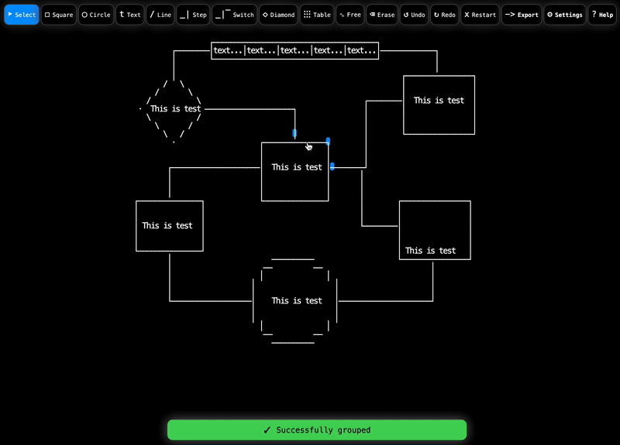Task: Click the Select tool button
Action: [22, 15]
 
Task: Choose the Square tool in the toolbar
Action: [59, 15]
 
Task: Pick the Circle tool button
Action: [96, 15]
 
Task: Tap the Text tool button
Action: [130, 15]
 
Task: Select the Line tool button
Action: [160, 15]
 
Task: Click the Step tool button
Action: [193, 15]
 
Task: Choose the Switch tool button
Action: [234, 15]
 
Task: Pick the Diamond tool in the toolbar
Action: [278, 15]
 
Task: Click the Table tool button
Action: [317, 15]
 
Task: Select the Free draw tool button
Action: [350, 15]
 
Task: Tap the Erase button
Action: [381, 15]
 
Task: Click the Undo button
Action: [415, 15]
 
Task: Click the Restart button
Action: [480, 15]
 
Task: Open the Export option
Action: [522, 15]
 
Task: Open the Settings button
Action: [564, 15]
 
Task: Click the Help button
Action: [602, 15]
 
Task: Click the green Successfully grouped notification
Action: [317, 430]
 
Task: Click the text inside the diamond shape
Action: [176, 109]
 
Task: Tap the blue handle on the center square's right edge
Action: [332, 166]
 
